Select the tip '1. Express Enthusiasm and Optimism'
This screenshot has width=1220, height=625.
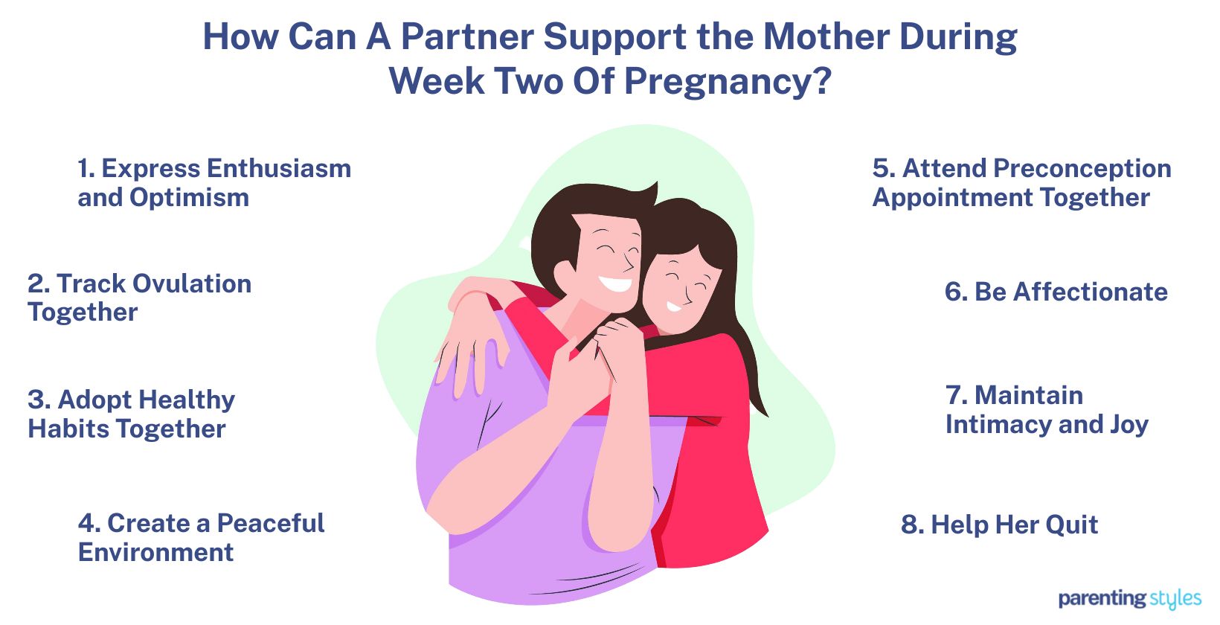coord(214,182)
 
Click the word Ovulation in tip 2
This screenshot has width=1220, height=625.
coord(191,283)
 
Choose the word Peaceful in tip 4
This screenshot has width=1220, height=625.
coord(270,523)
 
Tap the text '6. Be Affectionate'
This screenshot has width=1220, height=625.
coord(1056,292)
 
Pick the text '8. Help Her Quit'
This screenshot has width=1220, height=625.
coord(999,525)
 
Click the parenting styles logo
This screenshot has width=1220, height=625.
coord(1129,598)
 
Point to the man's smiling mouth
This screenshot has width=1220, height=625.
coord(616,283)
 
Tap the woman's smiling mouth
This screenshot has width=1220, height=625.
coord(674,305)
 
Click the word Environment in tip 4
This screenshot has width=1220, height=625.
coord(155,552)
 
